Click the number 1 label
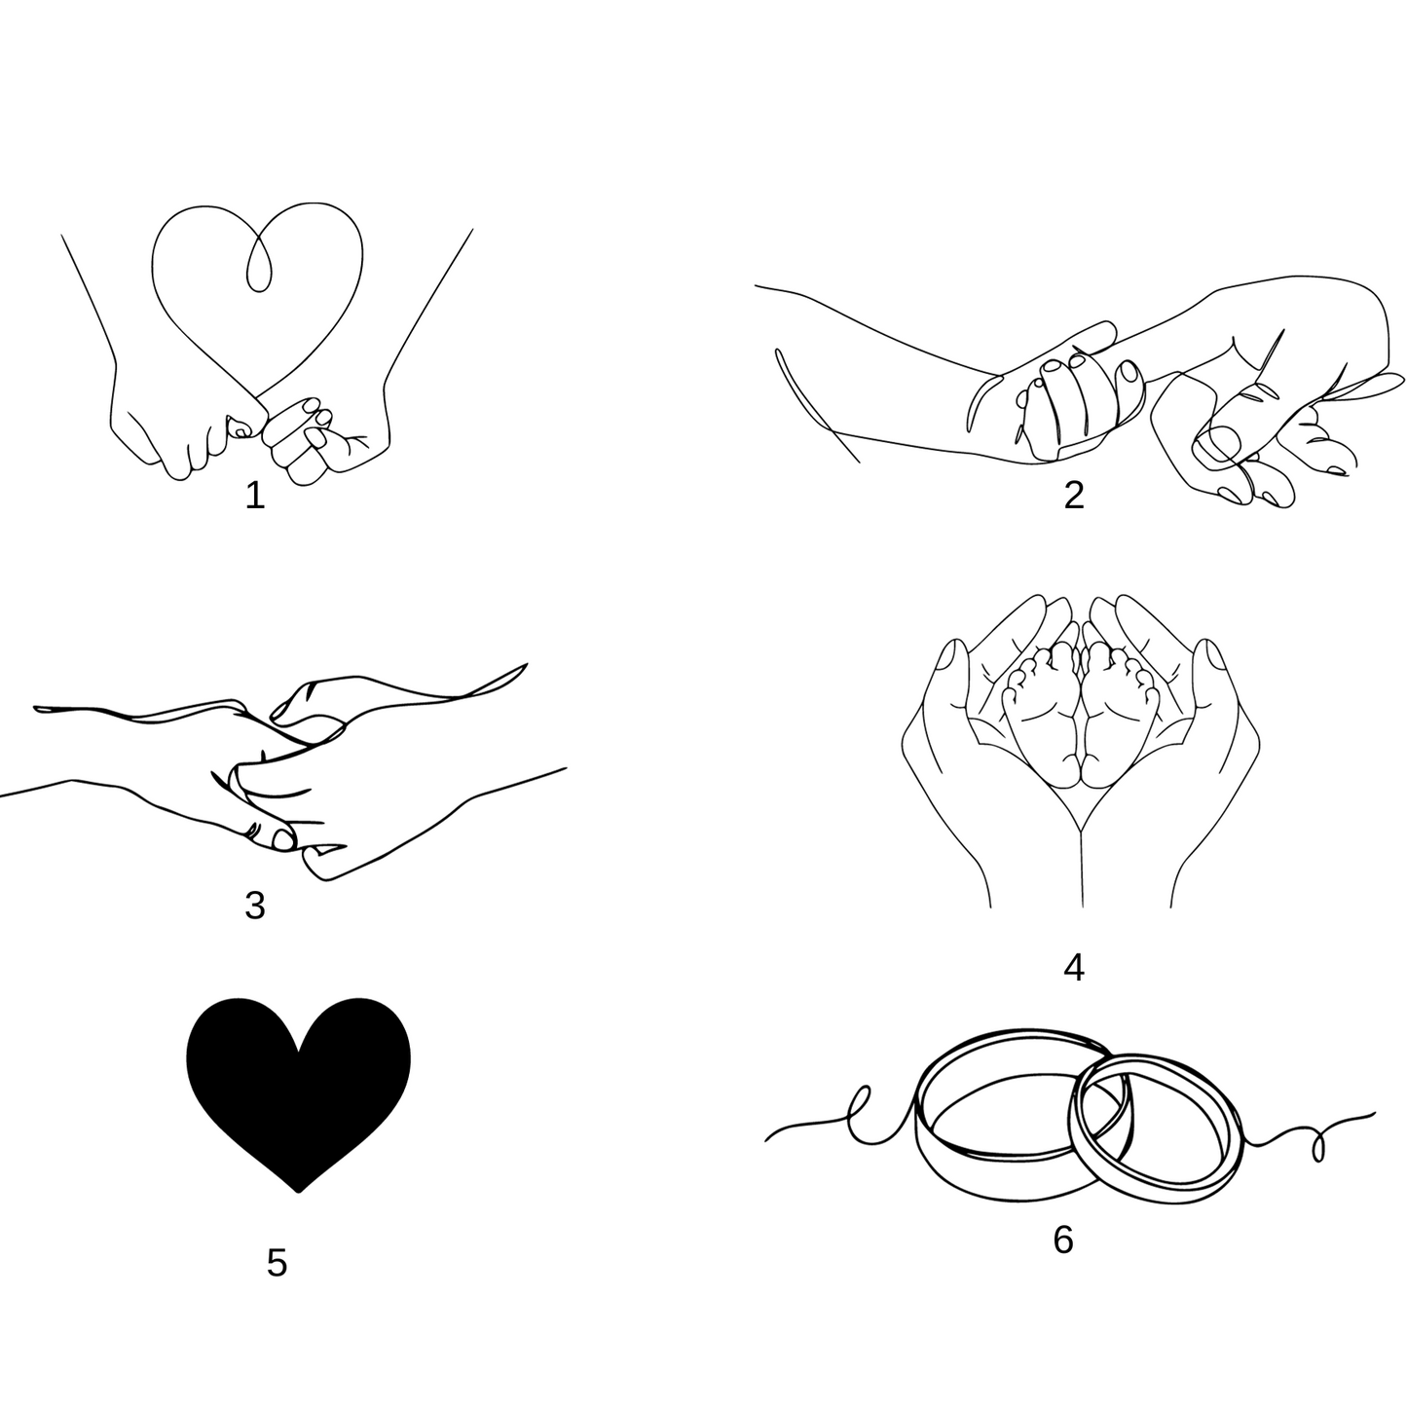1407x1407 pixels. coord(254,496)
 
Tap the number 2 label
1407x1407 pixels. coord(1073,496)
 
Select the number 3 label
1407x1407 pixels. coord(255,906)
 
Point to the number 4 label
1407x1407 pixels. coord(1073,969)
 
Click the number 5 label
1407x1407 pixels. coord(277,1263)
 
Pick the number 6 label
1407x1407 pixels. coord(1063,1240)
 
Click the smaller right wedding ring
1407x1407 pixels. coord(1157,1130)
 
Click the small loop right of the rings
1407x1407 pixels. coord(1318,1150)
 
